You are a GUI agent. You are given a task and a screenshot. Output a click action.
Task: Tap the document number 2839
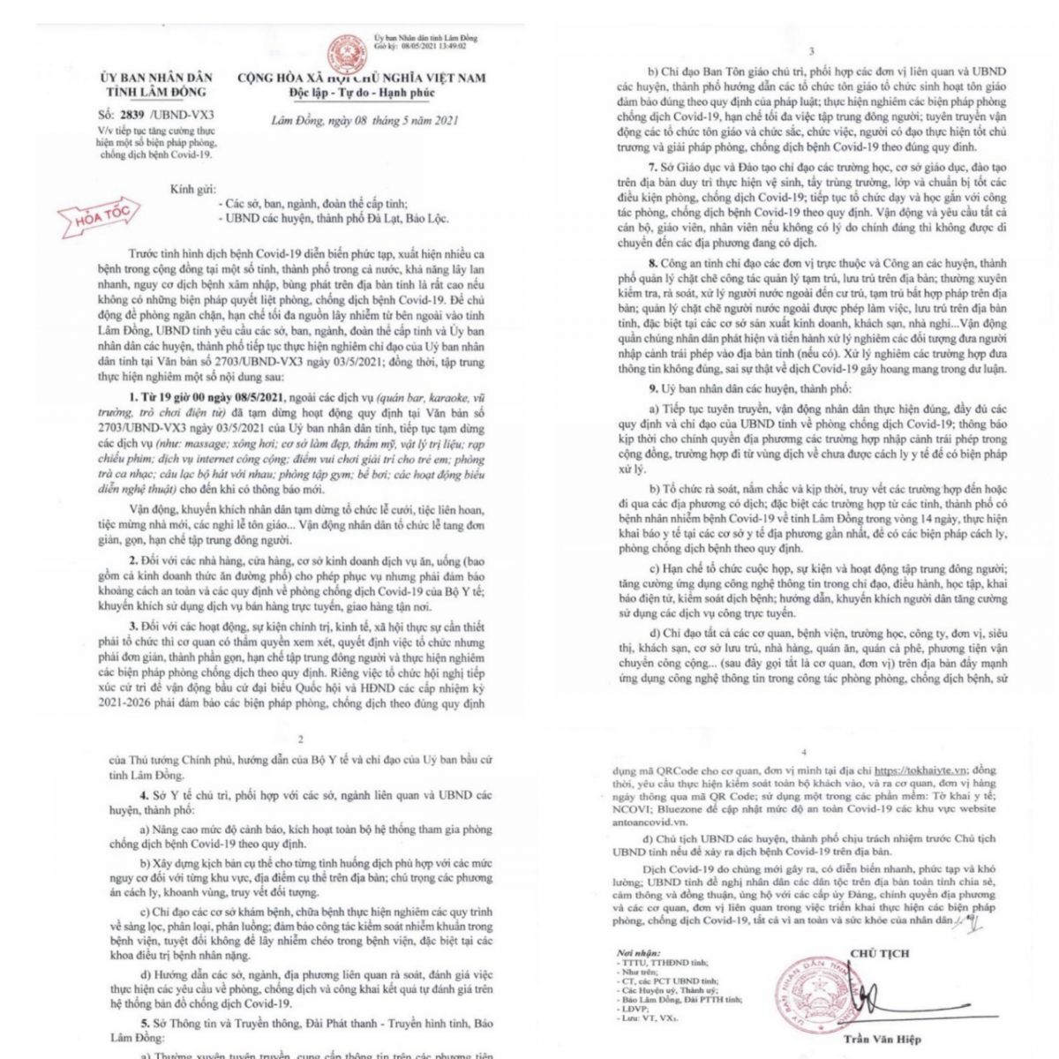coord(132,115)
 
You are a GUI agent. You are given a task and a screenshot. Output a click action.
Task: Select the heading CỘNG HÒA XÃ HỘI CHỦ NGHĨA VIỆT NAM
coord(361,79)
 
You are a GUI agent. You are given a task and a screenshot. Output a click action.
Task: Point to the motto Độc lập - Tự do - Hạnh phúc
coord(361,93)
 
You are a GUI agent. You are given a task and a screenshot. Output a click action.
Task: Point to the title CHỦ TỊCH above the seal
coord(879,953)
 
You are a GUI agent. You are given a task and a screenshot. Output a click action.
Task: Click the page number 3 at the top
coord(811,52)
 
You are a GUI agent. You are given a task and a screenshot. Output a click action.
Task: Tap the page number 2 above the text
coord(301,740)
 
